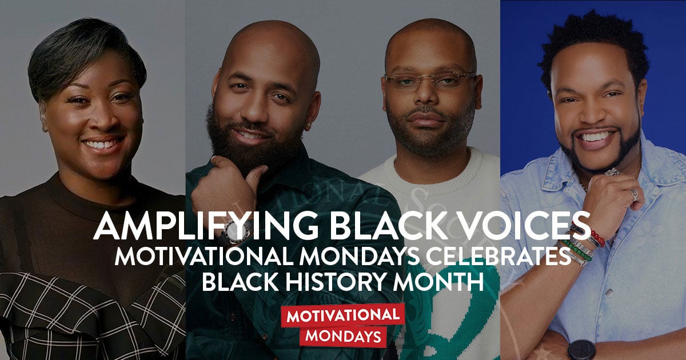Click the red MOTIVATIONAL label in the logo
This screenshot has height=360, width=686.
[x=342, y=314]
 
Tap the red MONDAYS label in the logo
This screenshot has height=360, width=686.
[x=342, y=336]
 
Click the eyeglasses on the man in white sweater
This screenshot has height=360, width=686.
[x=430, y=81]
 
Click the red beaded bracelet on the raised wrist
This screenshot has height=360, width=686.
[x=597, y=237]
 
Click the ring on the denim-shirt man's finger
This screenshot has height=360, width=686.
[x=633, y=195]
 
